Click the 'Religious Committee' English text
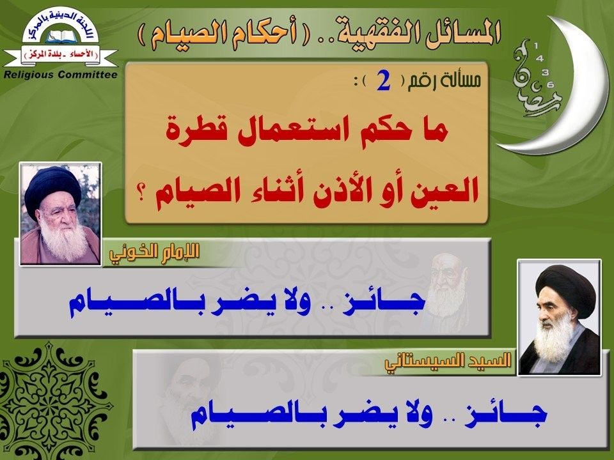coord(60,75)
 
